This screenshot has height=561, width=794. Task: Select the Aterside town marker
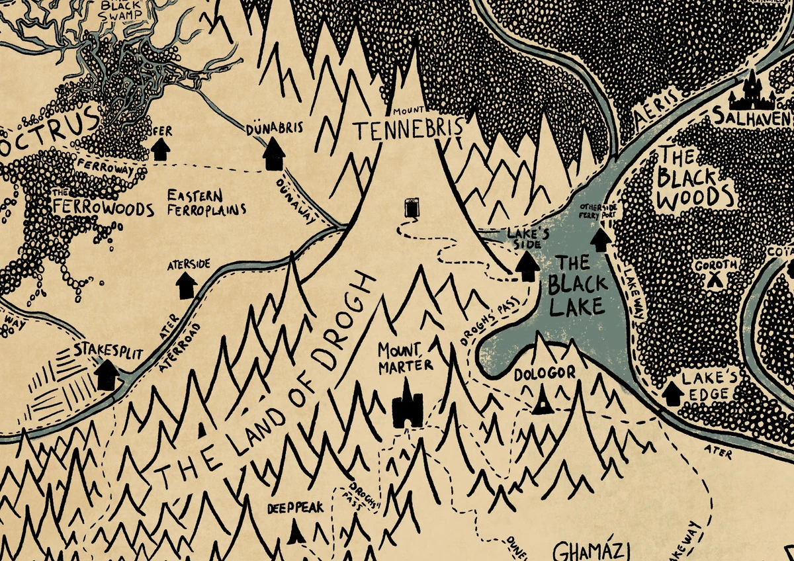186,285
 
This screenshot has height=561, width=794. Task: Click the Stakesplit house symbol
106,374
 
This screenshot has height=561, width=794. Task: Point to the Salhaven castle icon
752,92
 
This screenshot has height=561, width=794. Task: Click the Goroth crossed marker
713,280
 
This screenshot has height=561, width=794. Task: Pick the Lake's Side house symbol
527,267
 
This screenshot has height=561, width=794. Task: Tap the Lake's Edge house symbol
673,393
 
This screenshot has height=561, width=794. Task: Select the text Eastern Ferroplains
205,203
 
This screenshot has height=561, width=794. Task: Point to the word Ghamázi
592,551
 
